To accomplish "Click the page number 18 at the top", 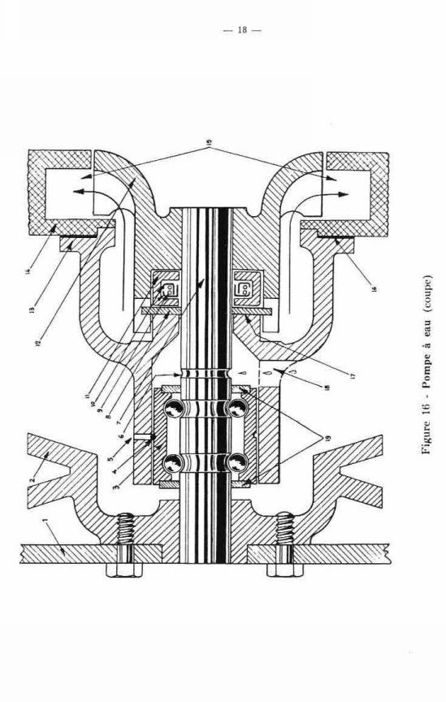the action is tap(242, 30).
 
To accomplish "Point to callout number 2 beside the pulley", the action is tap(32, 479).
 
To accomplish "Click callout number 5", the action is tap(109, 458).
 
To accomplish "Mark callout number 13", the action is tap(32, 310).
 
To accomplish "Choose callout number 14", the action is tap(28, 271).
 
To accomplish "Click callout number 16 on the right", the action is tap(375, 288).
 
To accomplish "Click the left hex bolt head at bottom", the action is tap(124, 570).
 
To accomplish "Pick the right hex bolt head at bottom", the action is tap(285, 570).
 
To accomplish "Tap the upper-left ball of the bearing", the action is tap(174, 409).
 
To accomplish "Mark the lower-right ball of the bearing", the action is tap(237, 462).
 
